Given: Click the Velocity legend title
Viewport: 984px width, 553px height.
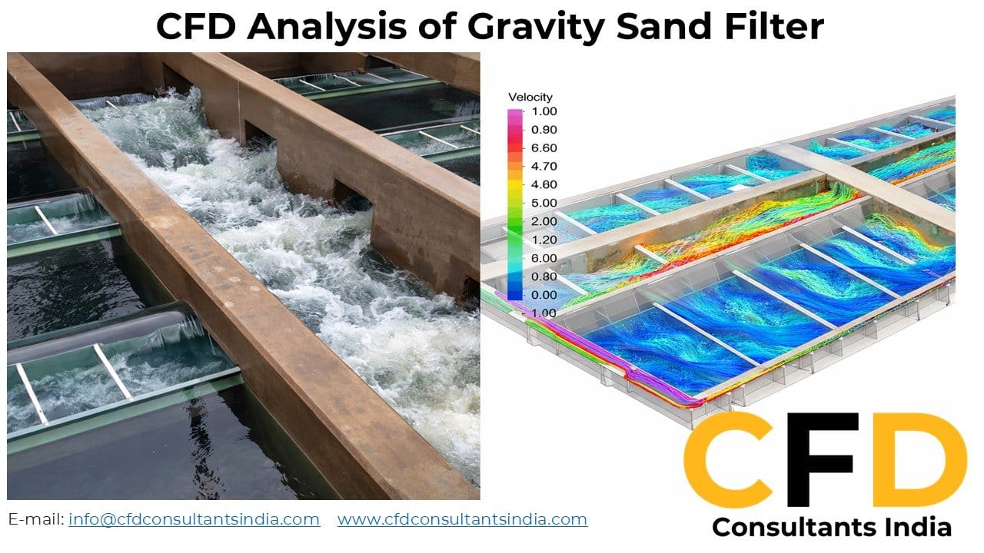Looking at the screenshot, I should (530, 98).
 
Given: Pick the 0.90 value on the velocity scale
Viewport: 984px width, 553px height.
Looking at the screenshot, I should (544, 129).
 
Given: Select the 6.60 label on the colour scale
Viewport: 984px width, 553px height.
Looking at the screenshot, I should (544, 147).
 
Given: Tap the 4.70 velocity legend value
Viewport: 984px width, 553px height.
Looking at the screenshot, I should (544, 166).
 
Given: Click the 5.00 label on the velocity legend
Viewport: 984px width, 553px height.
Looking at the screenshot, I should (544, 203).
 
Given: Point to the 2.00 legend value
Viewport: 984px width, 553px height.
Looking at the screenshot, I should (544, 221).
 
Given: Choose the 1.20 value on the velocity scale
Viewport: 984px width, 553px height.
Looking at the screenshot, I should (544, 240).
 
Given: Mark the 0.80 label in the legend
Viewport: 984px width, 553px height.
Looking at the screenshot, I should (544, 276).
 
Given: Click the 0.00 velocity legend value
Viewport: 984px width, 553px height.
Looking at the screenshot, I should (544, 295).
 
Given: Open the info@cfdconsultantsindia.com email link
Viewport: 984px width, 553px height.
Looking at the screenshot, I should (194, 519).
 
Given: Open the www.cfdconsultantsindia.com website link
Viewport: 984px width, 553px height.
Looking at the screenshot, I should (462, 519).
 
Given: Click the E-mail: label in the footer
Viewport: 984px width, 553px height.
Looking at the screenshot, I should (36, 519).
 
